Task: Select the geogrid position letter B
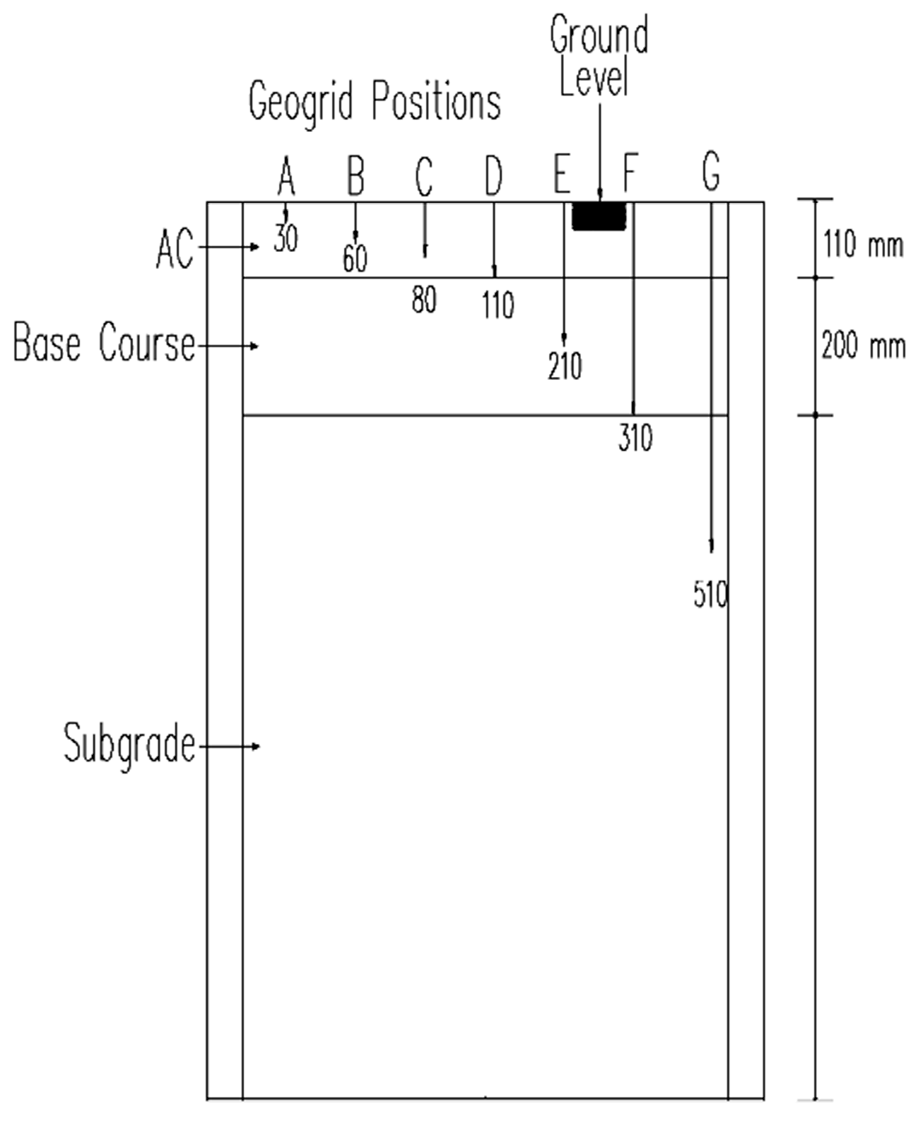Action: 356,175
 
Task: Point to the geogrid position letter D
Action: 494,175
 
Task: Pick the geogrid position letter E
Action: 562,173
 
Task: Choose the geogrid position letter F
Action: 630,173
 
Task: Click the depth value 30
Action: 286,238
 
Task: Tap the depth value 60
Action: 355,259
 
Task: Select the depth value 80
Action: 424,300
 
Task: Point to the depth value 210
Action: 565,366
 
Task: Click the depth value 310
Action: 635,438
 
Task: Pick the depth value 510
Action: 711,595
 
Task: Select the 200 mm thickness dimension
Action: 863,345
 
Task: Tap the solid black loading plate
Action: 599,216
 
